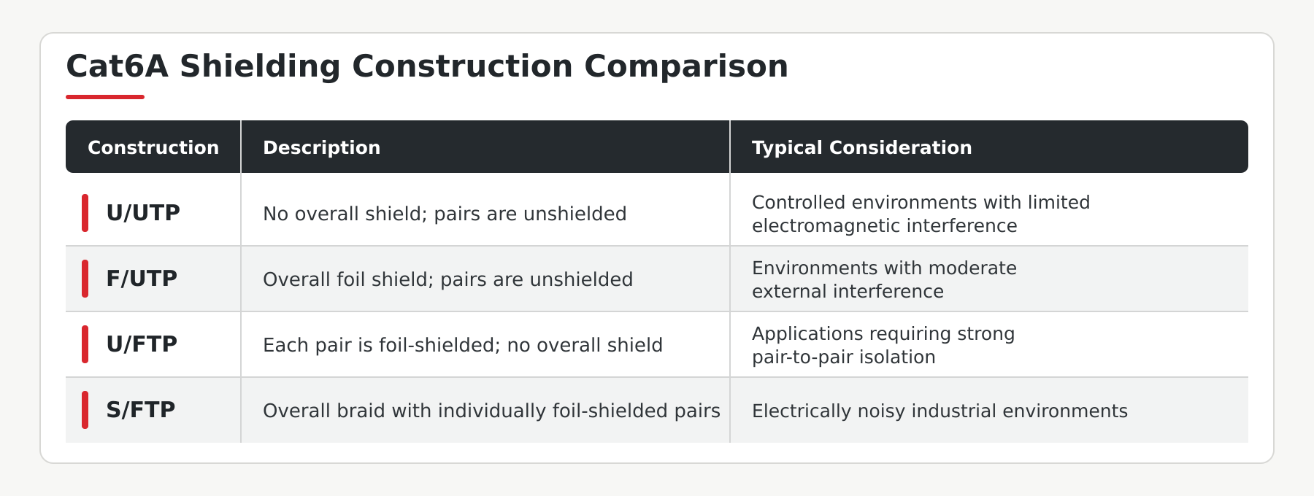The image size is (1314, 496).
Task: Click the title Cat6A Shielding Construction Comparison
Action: point(427,66)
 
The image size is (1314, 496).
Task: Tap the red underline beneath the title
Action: point(105,96)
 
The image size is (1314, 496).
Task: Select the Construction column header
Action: point(153,147)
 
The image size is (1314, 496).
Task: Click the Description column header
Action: point(321,147)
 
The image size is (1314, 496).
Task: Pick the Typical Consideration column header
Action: point(861,147)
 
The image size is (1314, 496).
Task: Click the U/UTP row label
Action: point(143,213)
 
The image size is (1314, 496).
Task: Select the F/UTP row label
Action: point(142,279)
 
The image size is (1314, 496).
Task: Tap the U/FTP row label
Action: point(142,344)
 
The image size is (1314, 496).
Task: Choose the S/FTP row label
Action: point(141,410)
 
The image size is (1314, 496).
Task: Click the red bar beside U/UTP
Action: point(85,213)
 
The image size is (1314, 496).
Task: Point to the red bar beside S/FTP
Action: point(85,410)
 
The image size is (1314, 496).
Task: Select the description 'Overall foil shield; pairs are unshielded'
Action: point(447,279)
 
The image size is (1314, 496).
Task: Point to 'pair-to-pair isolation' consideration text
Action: point(843,357)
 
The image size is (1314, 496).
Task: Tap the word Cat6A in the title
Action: point(118,66)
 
